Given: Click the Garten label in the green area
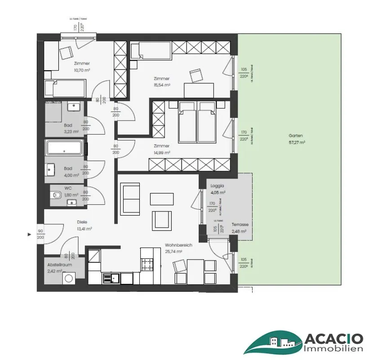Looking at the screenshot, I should pyautogui.click(x=296, y=135).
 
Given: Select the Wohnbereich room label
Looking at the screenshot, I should pyautogui.click(x=178, y=245).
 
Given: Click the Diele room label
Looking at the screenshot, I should pyautogui.click(x=82, y=222).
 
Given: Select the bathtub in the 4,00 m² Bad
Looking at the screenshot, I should pyautogui.click(x=64, y=148).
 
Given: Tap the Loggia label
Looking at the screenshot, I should pyautogui.click(x=217, y=185).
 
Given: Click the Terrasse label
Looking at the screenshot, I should pyautogui.click(x=240, y=225).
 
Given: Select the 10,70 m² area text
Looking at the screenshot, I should pyautogui.click(x=82, y=70).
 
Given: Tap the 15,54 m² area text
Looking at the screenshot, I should pyautogui.click(x=161, y=85).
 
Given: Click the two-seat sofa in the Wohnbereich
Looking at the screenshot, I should pyautogui.click(x=130, y=198).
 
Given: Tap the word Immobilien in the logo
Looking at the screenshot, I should pyautogui.click(x=333, y=349).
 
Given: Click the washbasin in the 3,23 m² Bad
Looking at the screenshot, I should pyautogui.click(x=73, y=107).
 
